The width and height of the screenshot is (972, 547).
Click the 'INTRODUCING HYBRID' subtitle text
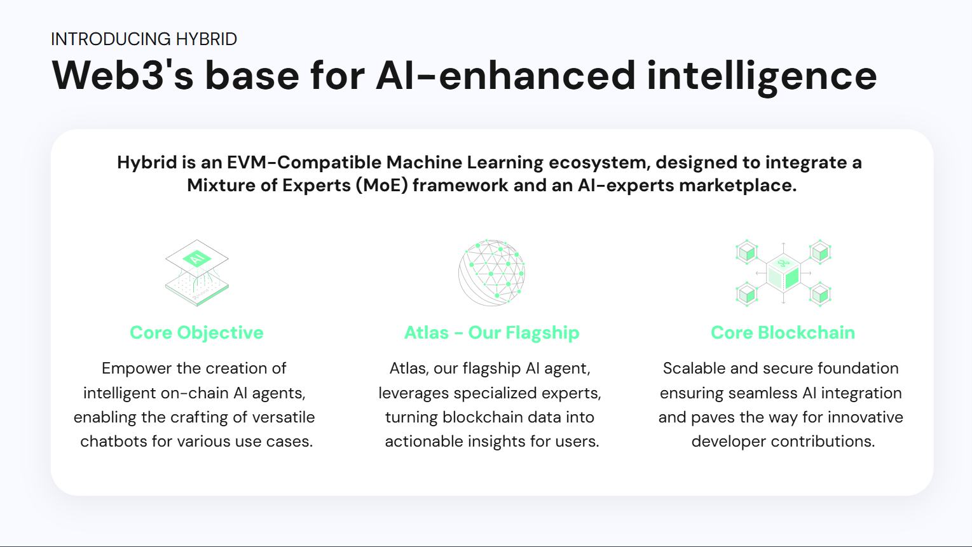[x=144, y=39]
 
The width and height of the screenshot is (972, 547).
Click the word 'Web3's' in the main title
[x=122, y=76]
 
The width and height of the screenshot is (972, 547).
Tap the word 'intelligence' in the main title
[x=762, y=76]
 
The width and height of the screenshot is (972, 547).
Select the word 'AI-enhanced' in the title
[x=505, y=76]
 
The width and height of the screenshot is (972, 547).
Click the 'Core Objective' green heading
[x=196, y=333]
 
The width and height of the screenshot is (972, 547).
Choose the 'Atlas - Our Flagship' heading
[x=491, y=333]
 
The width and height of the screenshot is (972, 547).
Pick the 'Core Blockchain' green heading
[x=783, y=333]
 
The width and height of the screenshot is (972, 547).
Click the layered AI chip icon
[x=196, y=273]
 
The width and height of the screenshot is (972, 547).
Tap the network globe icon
[x=491, y=273]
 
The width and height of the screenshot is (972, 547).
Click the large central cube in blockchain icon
[x=783, y=274]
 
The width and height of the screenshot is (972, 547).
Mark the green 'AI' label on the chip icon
[x=196, y=258]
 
